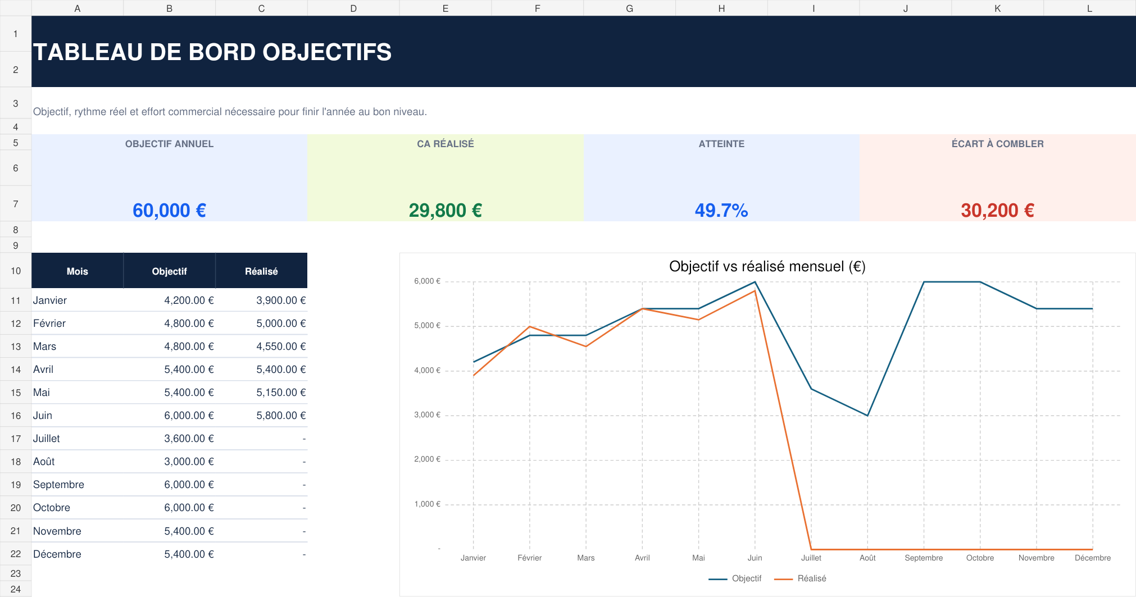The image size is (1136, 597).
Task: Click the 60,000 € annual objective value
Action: pos(169,211)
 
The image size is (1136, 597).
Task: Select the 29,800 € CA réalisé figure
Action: pos(446,211)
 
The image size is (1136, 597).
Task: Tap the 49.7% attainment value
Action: pos(721,211)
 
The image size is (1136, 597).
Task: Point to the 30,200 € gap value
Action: pos(998,211)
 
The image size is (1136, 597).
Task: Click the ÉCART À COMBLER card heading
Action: pos(998,144)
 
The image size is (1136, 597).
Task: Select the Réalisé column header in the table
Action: pos(261,271)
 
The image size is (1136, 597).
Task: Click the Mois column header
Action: pos(78,271)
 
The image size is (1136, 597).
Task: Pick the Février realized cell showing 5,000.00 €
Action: pos(281,323)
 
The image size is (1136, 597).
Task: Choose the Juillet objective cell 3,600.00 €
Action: pos(189,439)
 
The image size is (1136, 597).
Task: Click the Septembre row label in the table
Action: pos(58,485)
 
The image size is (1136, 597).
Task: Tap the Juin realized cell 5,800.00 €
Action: pos(281,416)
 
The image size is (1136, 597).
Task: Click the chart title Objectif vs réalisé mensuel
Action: pos(767,266)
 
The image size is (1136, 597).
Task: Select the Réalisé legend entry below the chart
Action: pos(801,578)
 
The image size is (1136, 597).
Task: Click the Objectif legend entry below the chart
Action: pos(735,578)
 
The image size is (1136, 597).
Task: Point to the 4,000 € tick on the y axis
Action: pos(428,371)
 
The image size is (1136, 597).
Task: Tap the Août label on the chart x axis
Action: pos(867,558)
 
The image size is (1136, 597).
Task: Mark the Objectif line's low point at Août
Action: pos(867,416)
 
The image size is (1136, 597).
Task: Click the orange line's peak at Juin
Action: pos(755,290)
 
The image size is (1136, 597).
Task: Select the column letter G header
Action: pos(629,8)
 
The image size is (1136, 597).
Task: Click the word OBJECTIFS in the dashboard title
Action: pos(327,52)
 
